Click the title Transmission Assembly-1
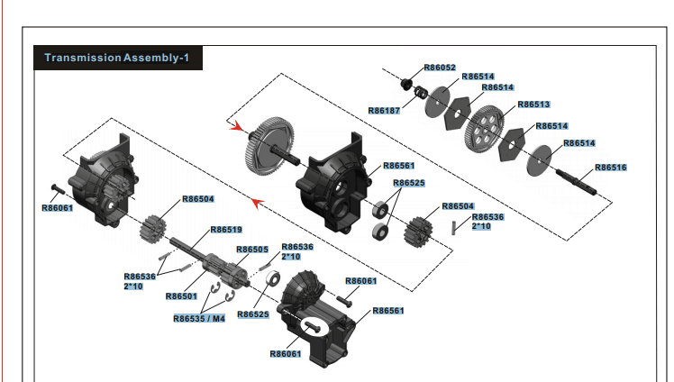coord(117,58)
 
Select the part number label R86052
coord(440,68)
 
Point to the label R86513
coord(533,105)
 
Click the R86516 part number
coord(609,168)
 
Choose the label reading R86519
coord(226,229)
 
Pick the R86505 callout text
coord(252,250)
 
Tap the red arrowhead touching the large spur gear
coord(238,127)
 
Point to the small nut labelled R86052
coord(406,84)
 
